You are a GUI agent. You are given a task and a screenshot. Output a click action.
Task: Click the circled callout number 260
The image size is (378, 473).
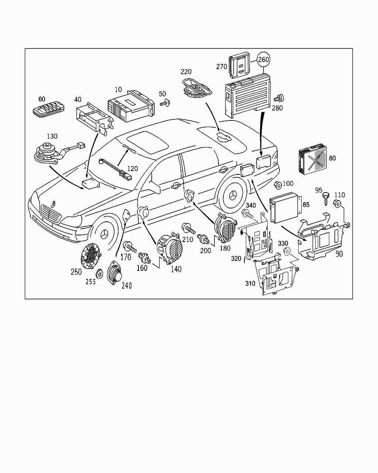tap(264, 59)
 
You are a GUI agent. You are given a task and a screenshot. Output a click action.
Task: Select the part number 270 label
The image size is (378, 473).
tap(221, 67)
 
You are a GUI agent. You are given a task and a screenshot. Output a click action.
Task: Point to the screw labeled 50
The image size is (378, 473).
tap(164, 103)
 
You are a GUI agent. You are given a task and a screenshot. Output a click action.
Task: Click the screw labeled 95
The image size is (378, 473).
tap(325, 197)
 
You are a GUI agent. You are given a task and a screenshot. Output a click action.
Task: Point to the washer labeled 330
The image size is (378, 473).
tap(286, 253)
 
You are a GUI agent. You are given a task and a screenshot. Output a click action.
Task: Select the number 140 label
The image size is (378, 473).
tap(176, 269)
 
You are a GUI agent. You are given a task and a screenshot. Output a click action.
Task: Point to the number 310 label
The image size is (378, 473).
tap(250, 284)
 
